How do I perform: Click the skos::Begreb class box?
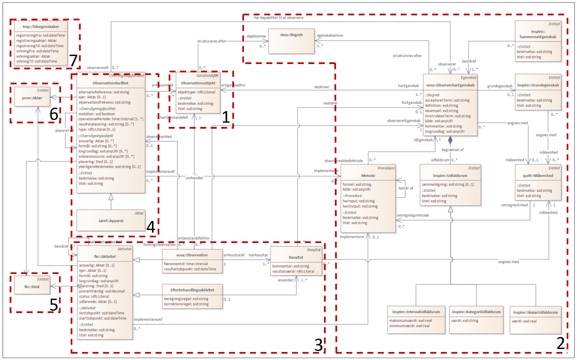click(291, 41)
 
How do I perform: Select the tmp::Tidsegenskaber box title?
click(41, 27)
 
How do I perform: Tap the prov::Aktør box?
click(32, 98)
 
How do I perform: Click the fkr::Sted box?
click(32, 286)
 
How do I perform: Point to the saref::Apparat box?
click(111, 221)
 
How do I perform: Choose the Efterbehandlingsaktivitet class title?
click(192, 290)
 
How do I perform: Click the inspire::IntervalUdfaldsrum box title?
click(416, 312)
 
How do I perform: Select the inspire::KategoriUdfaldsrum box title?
click(476, 312)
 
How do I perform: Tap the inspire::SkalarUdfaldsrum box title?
click(535, 312)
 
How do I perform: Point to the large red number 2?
click(560, 343)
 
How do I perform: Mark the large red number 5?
click(54, 305)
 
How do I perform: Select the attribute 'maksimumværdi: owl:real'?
click(410, 321)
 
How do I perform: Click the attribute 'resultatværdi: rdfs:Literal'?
click(293, 271)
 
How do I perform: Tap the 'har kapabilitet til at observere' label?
click(278, 18)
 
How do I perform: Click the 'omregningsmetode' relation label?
click(413, 215)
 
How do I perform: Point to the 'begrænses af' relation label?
click(452, 150)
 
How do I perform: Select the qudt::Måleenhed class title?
click(538, 175)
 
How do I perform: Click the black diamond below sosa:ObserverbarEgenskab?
click(450, 140)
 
